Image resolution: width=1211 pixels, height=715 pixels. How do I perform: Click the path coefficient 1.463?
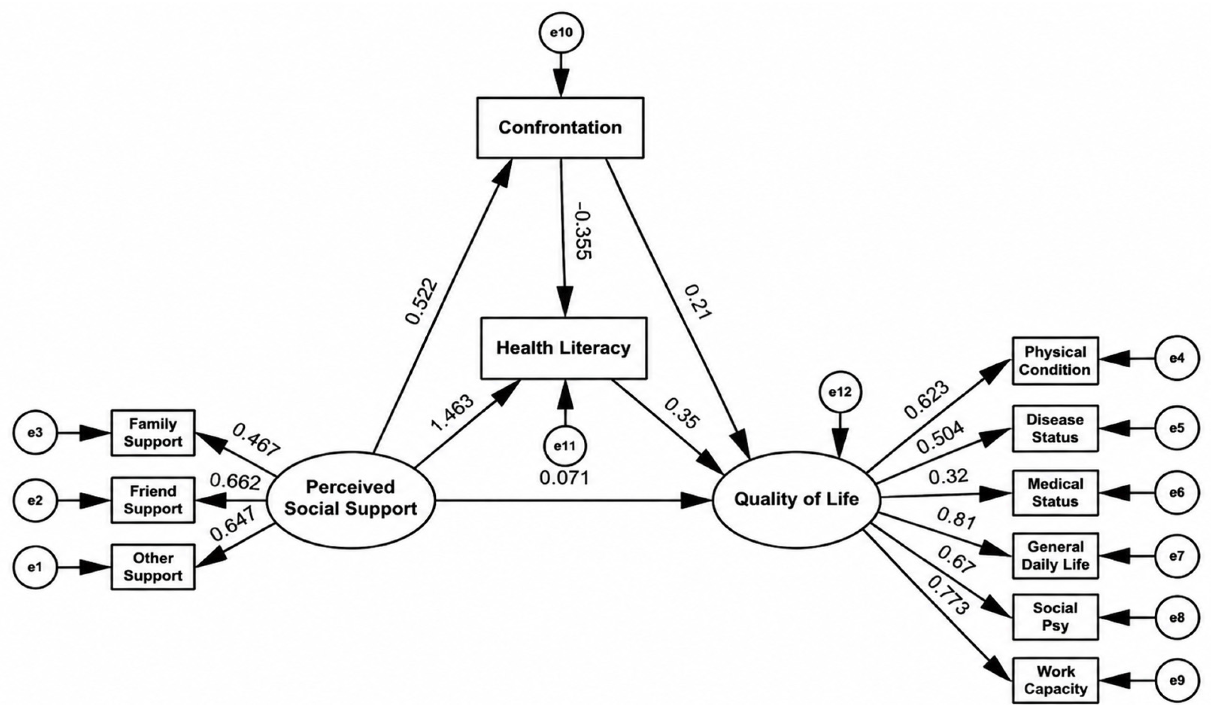(x=452, y=413)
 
